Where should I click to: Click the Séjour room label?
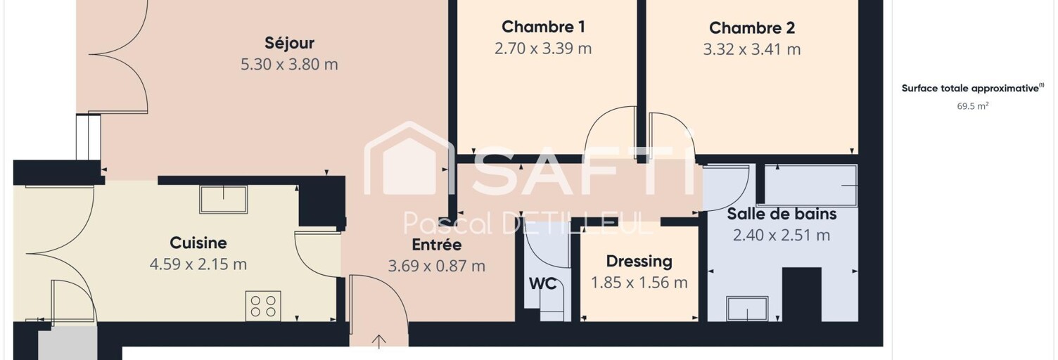point(289,43)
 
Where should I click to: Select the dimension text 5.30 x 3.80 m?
point(289,64)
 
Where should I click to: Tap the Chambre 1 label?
point(543,27)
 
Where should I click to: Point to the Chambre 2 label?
point(752,28)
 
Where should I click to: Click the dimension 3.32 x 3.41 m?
point(752,49)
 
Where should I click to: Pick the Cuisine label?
point(198,243)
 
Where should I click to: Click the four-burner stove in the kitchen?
point(263,307)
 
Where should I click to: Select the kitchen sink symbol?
point(224,199)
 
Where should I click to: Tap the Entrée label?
point(437,245)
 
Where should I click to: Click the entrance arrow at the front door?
point(378,342)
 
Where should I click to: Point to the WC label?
point(543,283)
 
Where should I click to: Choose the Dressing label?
point(639,261)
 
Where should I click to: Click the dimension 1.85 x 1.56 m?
point(639,282)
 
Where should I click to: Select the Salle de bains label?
point(782,214)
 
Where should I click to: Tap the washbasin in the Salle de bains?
point(747,309)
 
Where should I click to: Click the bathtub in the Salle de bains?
point(810,186)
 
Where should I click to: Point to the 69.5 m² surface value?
point(973,106)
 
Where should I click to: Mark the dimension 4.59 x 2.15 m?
point(198,264)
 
